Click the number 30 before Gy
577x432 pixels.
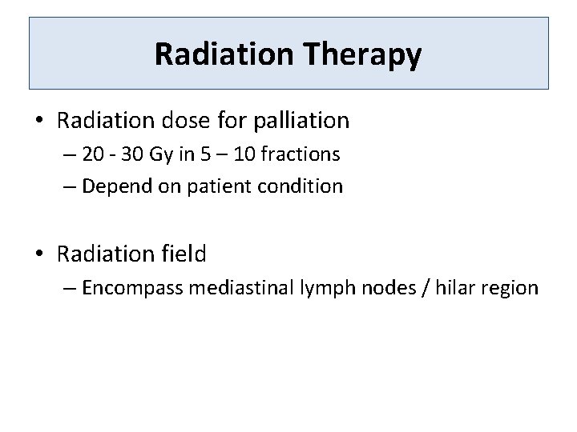pos(135,154)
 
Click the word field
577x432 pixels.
pos(185,254)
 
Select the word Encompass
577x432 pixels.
pos(133,288)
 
